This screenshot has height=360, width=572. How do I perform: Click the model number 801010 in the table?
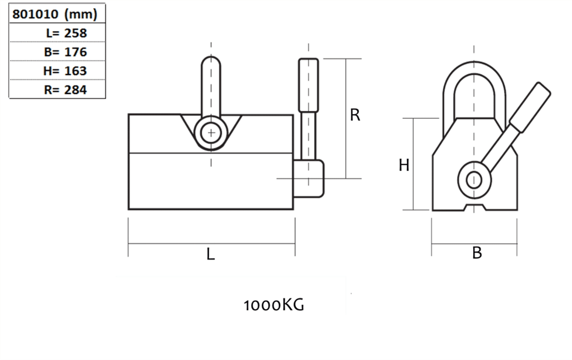point(35,14)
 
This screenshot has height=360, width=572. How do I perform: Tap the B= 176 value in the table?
point(65,52)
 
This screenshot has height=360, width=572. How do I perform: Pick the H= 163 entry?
point(65,71)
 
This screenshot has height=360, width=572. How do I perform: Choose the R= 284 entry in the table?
point(65,90)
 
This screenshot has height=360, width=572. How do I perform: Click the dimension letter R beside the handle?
point(355,115)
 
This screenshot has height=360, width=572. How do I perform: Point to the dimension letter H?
point(404,165)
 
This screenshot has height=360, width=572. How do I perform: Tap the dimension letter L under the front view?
point(211,254)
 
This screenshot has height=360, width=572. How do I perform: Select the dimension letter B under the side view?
point(477,253)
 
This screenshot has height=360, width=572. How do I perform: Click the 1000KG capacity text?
point(274,305)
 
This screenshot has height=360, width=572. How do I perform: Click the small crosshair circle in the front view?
point(211,133)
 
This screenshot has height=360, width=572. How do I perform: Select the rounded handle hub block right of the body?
point(309,178)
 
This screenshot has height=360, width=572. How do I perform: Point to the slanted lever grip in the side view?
point(530,107)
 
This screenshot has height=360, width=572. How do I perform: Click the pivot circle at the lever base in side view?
point(474,180)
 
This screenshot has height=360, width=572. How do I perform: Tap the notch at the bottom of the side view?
point(474,207)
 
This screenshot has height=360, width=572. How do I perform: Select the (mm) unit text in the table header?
point(81,14)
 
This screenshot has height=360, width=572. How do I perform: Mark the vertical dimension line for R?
point(346,119)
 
